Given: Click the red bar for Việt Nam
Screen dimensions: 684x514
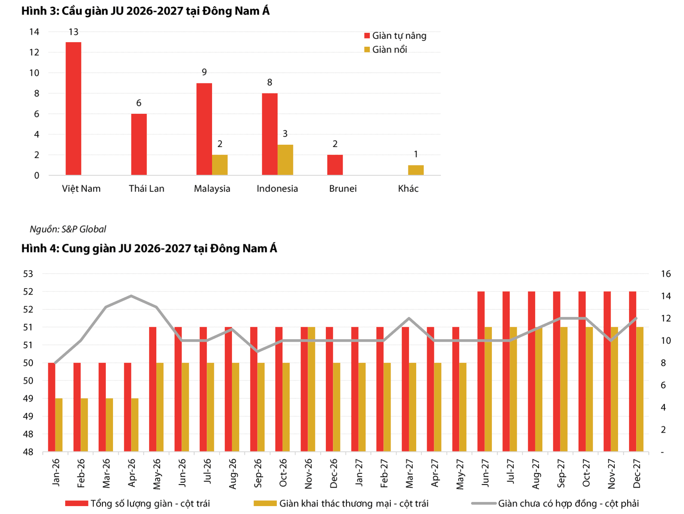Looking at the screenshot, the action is (73, 109).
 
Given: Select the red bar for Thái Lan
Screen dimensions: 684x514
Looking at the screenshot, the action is (139, 144).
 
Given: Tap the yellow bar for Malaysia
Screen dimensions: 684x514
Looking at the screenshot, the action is (220, 165).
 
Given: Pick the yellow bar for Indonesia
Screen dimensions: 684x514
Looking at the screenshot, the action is (285, 160).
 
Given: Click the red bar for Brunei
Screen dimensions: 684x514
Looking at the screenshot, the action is (335, 165).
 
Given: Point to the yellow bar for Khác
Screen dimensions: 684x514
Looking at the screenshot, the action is (416, 170).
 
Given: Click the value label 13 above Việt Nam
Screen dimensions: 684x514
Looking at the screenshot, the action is (73, 32).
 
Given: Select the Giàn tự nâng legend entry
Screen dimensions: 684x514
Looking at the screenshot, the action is (395, 36).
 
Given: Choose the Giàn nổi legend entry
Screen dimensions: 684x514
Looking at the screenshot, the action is (386, 49).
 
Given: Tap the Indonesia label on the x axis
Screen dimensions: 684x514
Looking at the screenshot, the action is (277, 188).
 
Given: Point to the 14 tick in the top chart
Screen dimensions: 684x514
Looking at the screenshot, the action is (34, 32).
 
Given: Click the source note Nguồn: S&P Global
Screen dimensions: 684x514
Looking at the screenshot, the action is (68, 229).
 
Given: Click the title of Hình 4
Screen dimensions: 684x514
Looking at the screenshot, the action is (149, 248).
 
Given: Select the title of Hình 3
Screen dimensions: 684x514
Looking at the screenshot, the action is (145, 11).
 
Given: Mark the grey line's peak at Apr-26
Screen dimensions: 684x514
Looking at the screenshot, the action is (131, 296).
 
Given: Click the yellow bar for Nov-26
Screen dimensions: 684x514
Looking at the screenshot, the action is (311, 389).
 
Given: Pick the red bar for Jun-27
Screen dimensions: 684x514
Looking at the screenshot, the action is (481, 372).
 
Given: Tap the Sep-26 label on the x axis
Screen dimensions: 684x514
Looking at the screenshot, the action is (258, 473).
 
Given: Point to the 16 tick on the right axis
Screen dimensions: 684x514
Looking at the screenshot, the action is (666, 274).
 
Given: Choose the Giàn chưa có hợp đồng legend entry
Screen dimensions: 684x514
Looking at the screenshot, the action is (555, 503).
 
